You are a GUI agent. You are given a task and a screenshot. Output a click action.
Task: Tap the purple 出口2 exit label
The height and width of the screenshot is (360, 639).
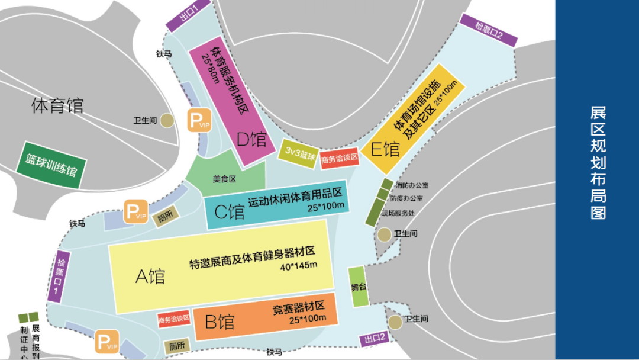(x=375, y=339)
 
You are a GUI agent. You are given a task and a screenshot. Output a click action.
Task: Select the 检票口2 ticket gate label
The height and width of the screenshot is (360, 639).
(x=488, y=30)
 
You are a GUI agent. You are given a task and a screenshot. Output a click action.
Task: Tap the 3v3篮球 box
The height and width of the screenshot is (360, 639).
(x=298, y=152)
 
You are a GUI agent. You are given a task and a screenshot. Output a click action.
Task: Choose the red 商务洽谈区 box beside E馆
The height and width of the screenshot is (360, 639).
(x=340, y=158)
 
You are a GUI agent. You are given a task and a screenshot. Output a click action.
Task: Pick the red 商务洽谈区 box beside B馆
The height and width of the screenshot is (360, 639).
(x=173, y=319)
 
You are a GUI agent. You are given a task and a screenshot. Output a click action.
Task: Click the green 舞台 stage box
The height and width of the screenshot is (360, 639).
(x=357, y=287)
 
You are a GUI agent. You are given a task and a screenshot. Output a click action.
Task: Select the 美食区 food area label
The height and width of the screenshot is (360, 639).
(x=224, y=179)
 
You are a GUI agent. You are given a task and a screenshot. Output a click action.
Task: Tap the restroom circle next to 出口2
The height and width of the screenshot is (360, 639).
(x=395, y=322)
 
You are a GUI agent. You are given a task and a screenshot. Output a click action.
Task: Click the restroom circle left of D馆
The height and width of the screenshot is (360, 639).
(x=168, y=121)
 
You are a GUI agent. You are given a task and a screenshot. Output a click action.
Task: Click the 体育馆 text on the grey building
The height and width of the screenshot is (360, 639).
(x=57, y=106)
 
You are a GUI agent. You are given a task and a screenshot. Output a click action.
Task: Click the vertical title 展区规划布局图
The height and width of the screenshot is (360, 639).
(x=598, y=163)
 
